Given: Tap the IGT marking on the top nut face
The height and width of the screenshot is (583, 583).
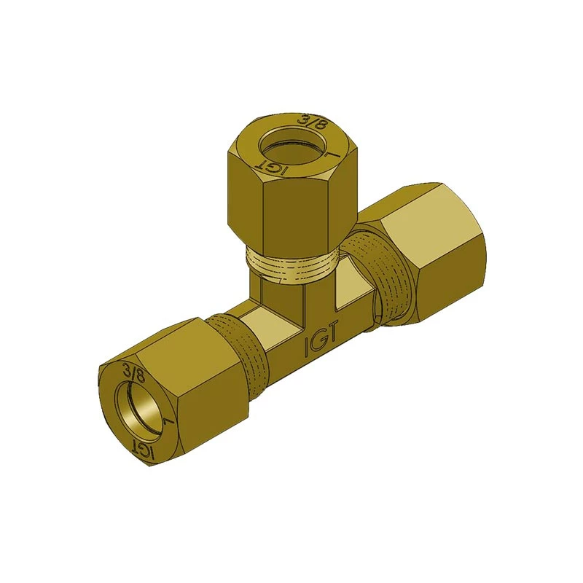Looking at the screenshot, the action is click(x=271, y=167).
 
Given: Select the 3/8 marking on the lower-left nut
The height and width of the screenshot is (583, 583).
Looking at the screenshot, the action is click(x=135, y=372).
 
